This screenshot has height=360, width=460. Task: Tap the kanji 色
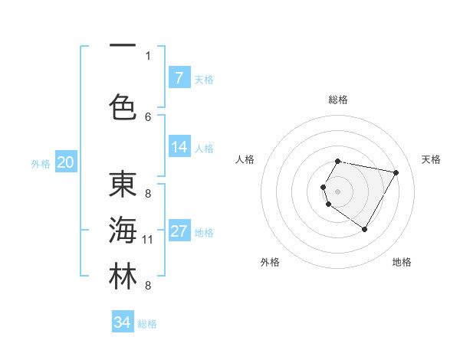pos(123,106)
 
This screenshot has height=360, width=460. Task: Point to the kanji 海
pos(123,232)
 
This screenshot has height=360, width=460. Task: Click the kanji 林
pos(123,277)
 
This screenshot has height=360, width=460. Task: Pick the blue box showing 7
pos(179,78)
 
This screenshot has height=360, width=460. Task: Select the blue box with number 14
pos(179,147)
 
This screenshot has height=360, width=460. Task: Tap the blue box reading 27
pos(179,232)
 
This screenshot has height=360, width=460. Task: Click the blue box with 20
pos(65,162)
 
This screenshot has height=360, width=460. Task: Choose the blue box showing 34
pos(122,322)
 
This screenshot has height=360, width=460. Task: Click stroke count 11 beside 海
pos(148,240)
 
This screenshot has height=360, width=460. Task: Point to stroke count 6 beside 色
pos(148,116)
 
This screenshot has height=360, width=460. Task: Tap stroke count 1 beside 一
pos(148,55)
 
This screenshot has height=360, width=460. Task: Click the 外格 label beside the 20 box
pos(41,163)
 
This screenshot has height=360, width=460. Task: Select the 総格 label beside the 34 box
pos(147,324)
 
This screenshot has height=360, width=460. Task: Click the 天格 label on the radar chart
pos(431,159)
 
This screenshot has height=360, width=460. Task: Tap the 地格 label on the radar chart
pos(402,262)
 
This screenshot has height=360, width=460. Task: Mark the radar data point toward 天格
pos(396,173)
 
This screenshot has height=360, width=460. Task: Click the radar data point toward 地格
pos(365,230)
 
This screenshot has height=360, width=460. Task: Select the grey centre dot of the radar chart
pos(337,191)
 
